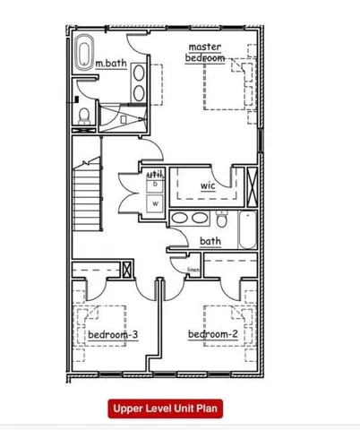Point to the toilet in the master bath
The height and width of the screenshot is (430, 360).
pyautogui.click(x=83, y=115)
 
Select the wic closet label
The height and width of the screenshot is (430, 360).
pyautogui.click(x=208, y=185)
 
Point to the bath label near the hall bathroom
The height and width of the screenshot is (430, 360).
pyautogui.click(x=210, y=241)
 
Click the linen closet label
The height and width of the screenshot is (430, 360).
pyautogui.click(x=193, y=269)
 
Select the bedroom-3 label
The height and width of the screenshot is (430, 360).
pyautogui.click(x=113, y=336)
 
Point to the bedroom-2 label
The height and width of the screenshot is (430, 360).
pyautogui.click(x=212, y=336)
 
